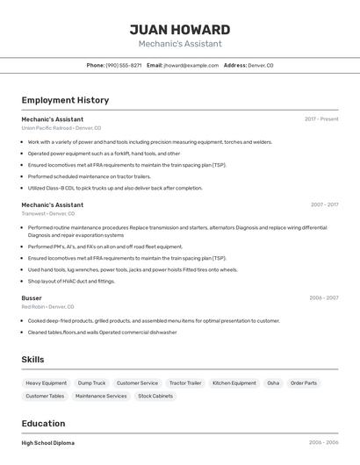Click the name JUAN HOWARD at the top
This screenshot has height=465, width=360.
click(x=180, y=30)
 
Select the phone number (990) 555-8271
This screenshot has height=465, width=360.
click(x=124, y=66)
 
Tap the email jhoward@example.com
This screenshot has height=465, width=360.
click(x=191, y=66)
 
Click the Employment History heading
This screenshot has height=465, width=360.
click(x=65, y=100)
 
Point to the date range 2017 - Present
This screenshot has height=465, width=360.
click(x=321, y=119)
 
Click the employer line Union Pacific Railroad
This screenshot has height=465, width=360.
click(x=61, y=128)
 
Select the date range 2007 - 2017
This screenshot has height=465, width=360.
click(x=324, y=204)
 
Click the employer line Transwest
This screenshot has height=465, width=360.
click(x=48, y=213)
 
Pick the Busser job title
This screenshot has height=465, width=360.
click(x=32, y=297)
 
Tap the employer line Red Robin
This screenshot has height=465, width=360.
click(x=47, y=307)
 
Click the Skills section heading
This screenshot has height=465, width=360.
click(x=33, y=360)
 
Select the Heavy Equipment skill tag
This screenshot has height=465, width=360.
click(x=46, y=383)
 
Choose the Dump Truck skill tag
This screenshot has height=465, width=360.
click(x=91, y=383)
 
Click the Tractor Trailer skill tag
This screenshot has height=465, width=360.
click(x=185, y=383)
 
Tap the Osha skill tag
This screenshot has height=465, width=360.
click(x=273, y=383)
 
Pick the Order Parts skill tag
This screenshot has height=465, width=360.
click(x=304, y=383)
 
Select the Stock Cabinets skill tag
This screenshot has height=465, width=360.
click(x=155, y=396)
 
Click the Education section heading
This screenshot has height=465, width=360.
click(x=43, y=424)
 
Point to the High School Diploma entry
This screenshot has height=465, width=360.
click(x=48, y=443)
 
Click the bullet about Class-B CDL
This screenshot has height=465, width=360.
click(x=115, y=188)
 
